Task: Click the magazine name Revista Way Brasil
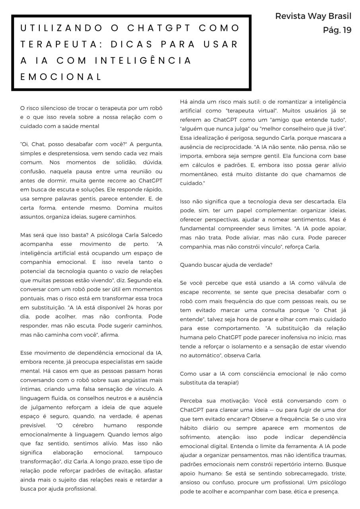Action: pos(313,16)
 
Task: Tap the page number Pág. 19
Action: pos(337,30)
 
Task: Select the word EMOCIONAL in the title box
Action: pos(62,77)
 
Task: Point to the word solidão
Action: pos(118,162)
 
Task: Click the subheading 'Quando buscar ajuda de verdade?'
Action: pos(226,265)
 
